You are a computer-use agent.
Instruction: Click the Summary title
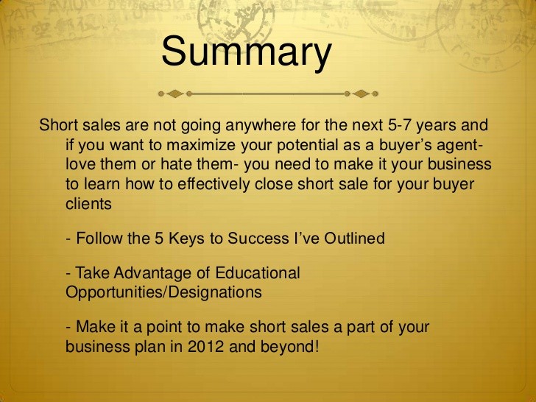click(247, 52)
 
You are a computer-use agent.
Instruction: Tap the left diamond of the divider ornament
click(175, 94)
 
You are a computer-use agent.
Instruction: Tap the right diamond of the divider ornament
click(361, 94)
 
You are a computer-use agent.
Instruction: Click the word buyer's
click(401, 146)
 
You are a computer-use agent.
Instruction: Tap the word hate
click(177, 164)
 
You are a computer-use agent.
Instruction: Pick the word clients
click(88, 204)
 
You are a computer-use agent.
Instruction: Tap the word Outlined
click(354, 239)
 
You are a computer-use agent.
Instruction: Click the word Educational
click(258, 272)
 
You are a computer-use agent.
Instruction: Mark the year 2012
click(206, 347)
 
